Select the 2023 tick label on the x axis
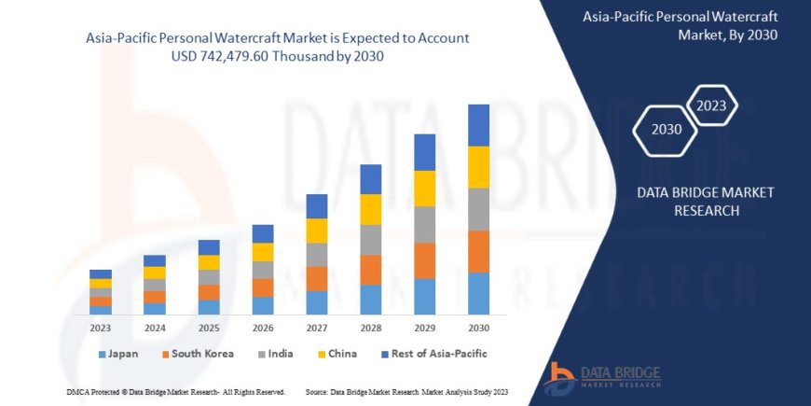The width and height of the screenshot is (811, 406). coord(101,328)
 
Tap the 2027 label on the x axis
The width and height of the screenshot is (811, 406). coord(317,328)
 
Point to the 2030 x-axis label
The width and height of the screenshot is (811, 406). coord(478,328)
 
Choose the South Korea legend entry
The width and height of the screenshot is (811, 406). coord(197,354)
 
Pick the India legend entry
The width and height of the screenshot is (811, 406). coord(272,354)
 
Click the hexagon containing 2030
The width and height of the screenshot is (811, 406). coord(667,130)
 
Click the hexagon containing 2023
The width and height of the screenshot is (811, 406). coord(712,105)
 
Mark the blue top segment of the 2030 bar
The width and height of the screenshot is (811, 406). coord(478,125)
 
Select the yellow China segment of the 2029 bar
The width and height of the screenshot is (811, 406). coord(425,189)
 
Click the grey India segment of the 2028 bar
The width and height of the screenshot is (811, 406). coord(371,239)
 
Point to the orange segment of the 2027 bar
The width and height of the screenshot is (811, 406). coord(317,278)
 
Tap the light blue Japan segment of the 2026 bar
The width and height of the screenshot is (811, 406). coord(263,305)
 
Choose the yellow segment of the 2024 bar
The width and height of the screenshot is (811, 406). coord(155,273)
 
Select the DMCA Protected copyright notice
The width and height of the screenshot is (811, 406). coord(176,391)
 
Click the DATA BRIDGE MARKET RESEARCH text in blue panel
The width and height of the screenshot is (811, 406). coord(692,201)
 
